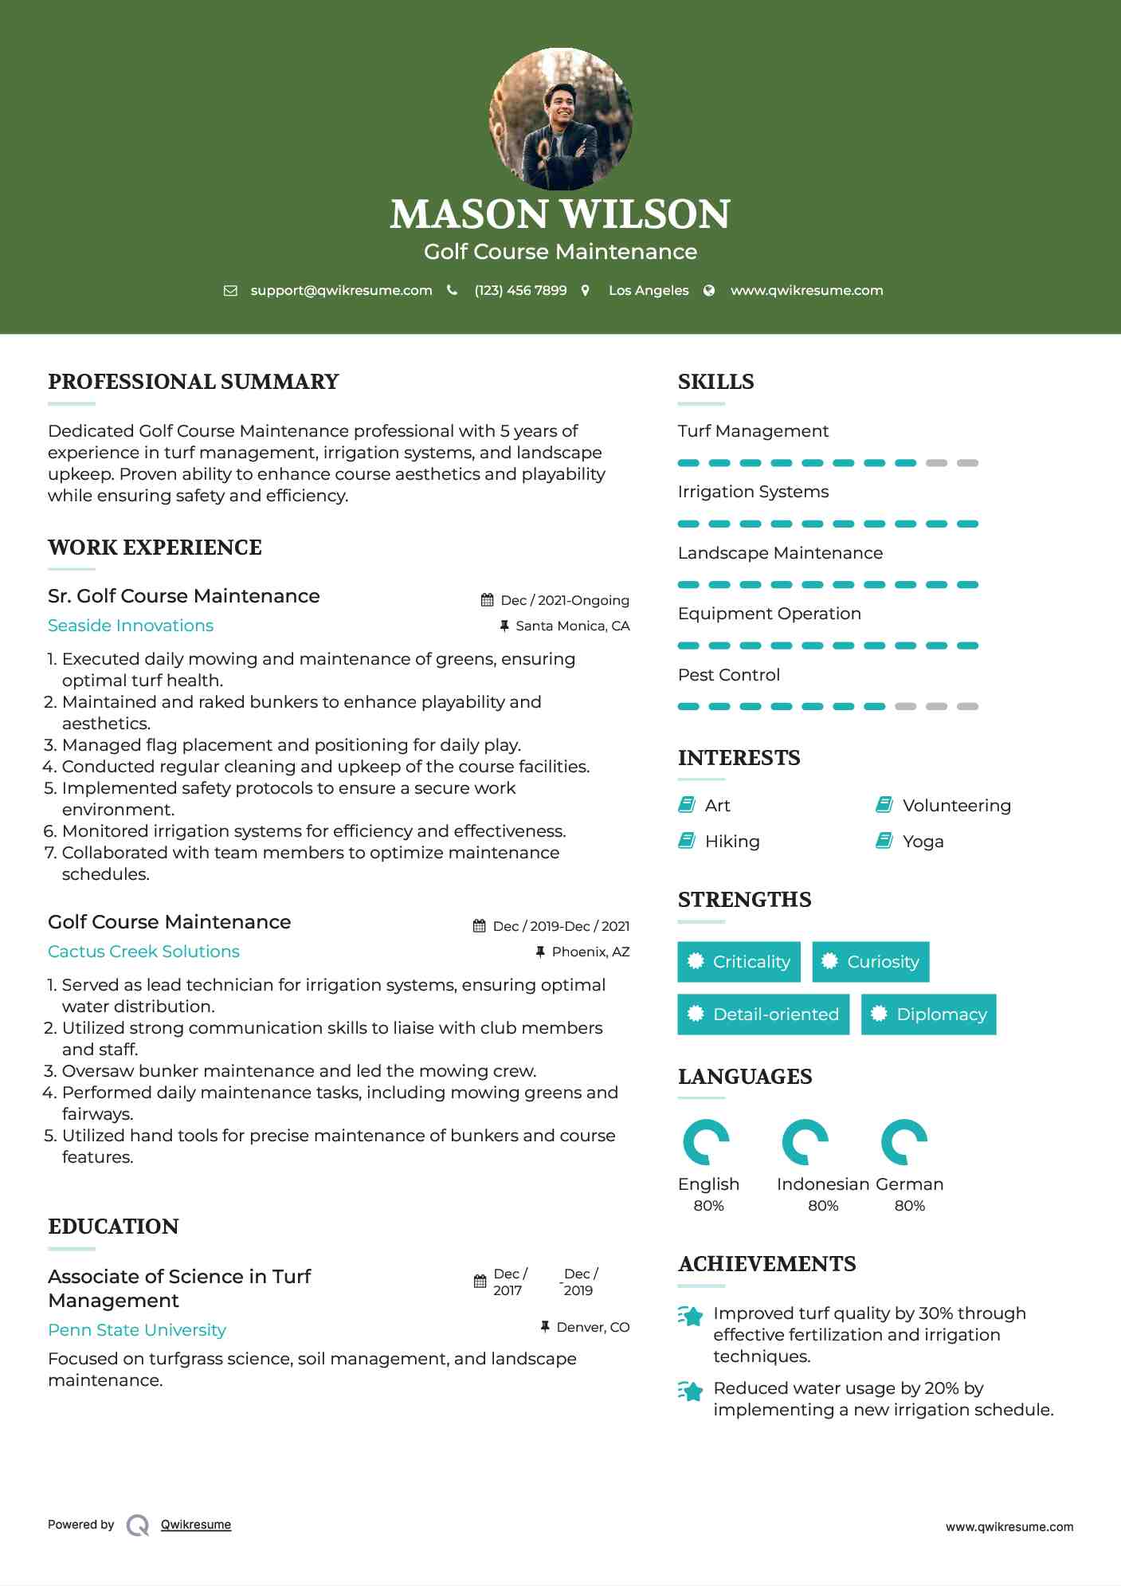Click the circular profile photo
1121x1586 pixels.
point(560,120)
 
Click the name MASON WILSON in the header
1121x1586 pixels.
point(560,214)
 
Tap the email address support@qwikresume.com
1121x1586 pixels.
point(341,291)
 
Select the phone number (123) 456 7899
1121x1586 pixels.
point(520,291)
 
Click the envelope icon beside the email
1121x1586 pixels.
point(230,291)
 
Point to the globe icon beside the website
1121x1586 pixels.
point(709,291)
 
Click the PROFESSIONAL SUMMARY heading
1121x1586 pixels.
point(194,382)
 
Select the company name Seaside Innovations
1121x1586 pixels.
point(131,626)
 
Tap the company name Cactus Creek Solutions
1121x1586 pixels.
point(143,952)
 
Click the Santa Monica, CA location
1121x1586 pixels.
point(572,626)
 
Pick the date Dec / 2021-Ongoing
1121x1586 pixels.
point(565,601)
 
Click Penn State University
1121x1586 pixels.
point(137,1330)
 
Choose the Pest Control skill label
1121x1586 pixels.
point(729,675)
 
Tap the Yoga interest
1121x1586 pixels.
point(923,842)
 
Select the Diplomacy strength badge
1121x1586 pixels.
point(928,1015)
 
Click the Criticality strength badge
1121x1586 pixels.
point(739,962)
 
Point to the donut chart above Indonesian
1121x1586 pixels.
point(805,1142)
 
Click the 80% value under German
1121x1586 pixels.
point(909,1206)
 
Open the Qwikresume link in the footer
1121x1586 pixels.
point(196,1525)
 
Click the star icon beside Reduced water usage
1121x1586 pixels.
point(691,1392)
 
